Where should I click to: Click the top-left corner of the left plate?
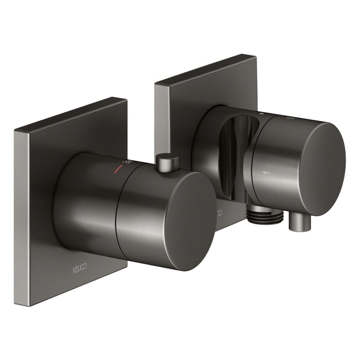point(15,131)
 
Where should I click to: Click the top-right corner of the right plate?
point(256,55)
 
